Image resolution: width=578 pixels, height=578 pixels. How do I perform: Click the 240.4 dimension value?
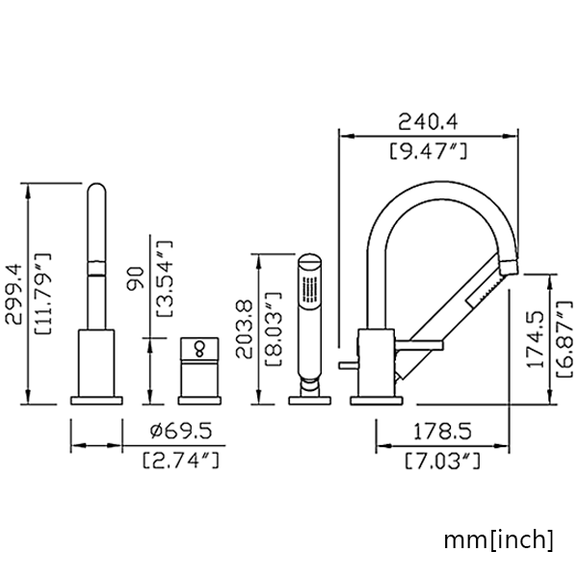click(x=428, y=121)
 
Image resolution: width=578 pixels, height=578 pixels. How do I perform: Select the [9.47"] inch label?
click(x=429, y=150)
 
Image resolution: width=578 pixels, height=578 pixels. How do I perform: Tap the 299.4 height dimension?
click(x=14, y=294)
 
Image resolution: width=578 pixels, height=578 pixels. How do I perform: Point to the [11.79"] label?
click(x=42, y=294)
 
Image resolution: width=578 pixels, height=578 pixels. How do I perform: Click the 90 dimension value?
click(x=135, y=278)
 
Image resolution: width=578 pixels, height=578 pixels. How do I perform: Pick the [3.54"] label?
click(x=165, y=278)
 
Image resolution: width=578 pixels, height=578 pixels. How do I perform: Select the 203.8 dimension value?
click(x=244, y=329)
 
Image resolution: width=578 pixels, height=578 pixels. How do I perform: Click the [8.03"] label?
click(x=274, y=328)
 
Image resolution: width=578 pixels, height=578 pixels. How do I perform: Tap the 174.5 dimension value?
click(x=536, y=339)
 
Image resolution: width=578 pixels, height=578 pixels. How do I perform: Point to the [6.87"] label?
click(x=565, y=339)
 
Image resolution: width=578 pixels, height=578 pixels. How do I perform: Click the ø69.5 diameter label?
click(x=181, y=431)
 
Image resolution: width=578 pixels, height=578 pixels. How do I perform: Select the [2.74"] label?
click(x=181, y=460)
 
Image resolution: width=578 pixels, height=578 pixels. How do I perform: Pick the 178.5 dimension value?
click(x=442, y=432)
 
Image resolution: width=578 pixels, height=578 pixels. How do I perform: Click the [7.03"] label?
click(x=443, y=460)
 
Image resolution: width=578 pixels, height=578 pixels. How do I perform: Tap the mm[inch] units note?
click(x=499, y=540)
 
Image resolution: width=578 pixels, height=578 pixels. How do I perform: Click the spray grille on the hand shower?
click(x=309, y=289)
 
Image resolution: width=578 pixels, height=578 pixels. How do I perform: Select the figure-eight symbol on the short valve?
click(x=199, y=349)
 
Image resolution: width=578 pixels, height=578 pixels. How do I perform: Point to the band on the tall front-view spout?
click(x=96, y=268)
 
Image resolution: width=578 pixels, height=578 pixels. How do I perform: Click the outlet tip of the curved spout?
click(x=510, y=267)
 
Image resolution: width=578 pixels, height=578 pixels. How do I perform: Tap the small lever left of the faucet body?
click(x=348, y=365)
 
